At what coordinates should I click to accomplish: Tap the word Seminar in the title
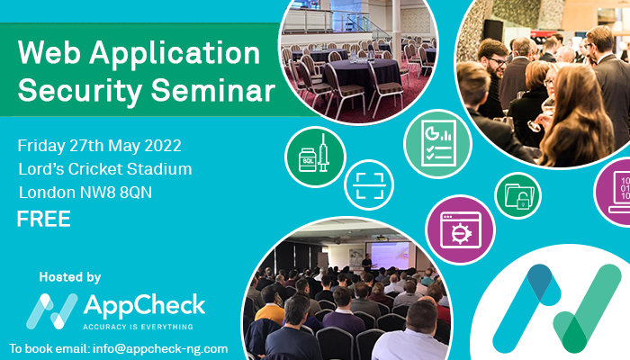(213, 89)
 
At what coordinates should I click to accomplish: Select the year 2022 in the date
(163, 146)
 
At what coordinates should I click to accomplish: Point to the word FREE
(44, 219)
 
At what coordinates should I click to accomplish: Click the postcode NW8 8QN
(116, 193)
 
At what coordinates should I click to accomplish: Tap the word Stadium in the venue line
(159, 169)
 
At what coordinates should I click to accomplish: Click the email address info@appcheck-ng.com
(160, 349)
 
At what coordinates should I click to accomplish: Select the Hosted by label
(70, 277)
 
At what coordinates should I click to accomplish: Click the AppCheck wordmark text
(144, 306)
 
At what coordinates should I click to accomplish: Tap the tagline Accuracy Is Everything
(138, 327)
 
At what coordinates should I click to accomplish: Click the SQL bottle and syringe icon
(315, 157)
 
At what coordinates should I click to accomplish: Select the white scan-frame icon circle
(369, 185)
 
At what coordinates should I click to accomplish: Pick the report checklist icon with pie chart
(438, 144)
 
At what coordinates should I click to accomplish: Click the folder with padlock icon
(517, 195)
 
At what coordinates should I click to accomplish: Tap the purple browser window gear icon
(461, 229)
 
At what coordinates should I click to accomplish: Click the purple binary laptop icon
(613, 192)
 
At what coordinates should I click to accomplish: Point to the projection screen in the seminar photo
(390, 256)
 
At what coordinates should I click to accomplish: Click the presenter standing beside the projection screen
(366, 263)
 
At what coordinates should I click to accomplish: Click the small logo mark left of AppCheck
(52, 311)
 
